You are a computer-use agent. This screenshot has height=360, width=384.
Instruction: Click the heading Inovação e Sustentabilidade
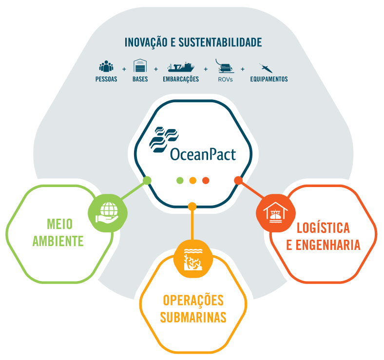(x=193, y=42)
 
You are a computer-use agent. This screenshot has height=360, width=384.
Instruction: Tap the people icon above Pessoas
(x=106, y=66)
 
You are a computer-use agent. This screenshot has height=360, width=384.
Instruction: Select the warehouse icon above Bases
(x=140, y=66)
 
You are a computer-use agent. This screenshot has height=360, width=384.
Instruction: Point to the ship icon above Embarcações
(x=181, y=67)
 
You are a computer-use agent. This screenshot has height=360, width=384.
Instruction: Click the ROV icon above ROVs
(x=225, y=66)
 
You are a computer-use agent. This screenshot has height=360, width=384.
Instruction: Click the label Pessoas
(x=106, y=79)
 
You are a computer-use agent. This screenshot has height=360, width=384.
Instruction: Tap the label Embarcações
(x=181, y=79)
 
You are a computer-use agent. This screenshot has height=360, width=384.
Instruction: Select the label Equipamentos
(x=269, y=79)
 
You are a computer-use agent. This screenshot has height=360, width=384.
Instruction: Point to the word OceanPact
(x=203, y=155)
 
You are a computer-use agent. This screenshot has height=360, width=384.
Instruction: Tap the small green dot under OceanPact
(x=180, y=180)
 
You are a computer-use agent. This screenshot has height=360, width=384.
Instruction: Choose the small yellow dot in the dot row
(x=192, y=180)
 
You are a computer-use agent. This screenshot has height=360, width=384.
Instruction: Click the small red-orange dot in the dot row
(x=206, y=180)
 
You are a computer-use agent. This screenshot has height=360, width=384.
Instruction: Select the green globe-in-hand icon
(x=107, y=213)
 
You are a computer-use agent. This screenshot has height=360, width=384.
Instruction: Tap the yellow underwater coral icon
(x=193, y=259)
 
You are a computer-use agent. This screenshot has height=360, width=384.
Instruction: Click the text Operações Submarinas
(x=193, y=308)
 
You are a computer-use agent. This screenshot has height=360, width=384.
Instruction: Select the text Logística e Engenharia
(x=323, y=236)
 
